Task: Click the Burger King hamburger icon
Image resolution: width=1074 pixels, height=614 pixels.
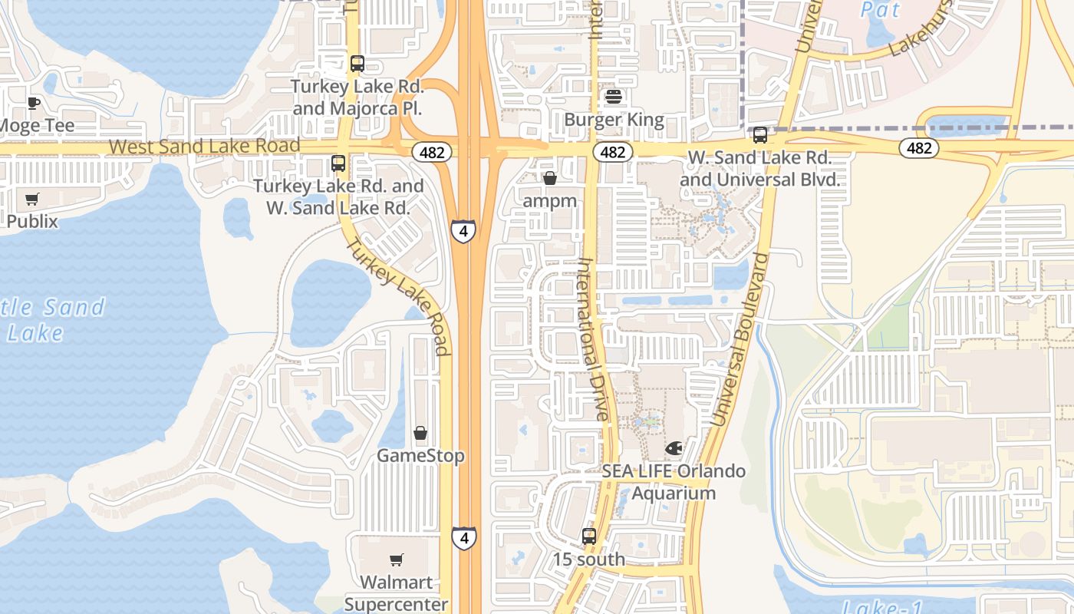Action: pyautogui.click(x=613, y=97)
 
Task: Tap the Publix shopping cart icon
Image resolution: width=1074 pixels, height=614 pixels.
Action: pyautogui.click(x=31, y=200)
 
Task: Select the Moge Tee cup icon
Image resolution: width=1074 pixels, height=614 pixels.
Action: pyautogui.click(x=33, y=103)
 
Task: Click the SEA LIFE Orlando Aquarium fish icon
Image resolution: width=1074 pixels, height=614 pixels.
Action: pyautogui.click(x=674, y=447)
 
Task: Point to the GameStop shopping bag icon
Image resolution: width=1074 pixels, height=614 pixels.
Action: pyautogui.click(x=420, y=434)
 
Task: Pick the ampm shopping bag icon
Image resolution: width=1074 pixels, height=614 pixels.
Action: pyautogui.click(x=549, y=178)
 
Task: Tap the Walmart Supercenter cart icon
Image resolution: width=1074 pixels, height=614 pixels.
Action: pyautogui.click(x=396, y=560)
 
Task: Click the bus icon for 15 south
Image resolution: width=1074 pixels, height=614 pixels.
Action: pyautogui.click(x=588, y=536)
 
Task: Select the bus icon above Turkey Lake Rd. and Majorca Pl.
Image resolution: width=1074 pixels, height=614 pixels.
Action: pyautogui.click(x=357, y=64)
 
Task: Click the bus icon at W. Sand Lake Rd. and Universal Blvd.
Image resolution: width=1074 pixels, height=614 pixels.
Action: pyautogui.click(x=759, y=135)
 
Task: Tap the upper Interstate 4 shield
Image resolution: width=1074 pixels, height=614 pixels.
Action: pyautogui.click(x=463, y=230)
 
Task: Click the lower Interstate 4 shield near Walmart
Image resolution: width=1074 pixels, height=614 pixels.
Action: pyautogui.click(x=463, y=537)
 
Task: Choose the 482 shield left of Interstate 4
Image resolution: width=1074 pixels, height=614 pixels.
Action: pyautogui.click(x=432, y=152)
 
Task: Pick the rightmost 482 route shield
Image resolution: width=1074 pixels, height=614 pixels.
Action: pyautogui.click(x=918, y=147)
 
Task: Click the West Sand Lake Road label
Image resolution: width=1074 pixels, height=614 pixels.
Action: pyautogui.click(x=204, y=146)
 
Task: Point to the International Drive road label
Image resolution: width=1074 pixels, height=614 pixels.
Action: pyautogui.click(x=592, y=338)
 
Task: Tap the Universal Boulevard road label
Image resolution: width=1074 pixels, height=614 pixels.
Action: pyautogui.click(x=740, y=338)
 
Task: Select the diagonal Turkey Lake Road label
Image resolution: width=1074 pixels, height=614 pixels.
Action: pyautogui.click(x=397, y=295)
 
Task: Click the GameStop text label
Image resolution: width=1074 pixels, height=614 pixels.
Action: pyautogui.click(x=420, y=456)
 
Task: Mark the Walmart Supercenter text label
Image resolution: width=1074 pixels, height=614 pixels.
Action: pyautogui.click(x=396, y=593)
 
